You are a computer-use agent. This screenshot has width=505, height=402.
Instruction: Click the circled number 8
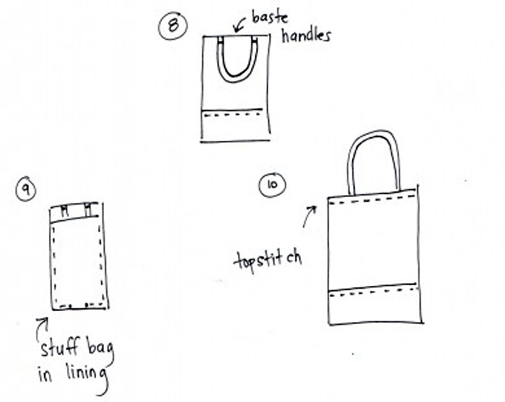(x=173, y=26)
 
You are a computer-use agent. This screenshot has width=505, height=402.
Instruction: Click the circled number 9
(x=26, y=190)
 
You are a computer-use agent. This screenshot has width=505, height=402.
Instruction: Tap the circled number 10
(x=272, y=185)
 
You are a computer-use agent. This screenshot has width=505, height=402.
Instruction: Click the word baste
(x=270, y=17)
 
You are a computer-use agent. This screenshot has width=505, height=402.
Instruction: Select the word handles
(x=307, y=35)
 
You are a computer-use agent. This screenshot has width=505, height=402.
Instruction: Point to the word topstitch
(x=268, y=261)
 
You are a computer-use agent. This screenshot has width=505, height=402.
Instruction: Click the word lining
(x=87, y=375)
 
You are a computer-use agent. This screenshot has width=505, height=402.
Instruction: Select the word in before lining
(x=45, y=375)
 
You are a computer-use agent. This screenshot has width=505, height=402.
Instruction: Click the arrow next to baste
(x=239, y=24)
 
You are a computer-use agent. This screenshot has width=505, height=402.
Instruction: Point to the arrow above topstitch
(x=309, y=216)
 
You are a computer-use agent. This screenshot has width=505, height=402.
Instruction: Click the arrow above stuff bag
(x=41, y=328)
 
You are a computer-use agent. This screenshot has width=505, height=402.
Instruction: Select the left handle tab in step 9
(x=65, y=211)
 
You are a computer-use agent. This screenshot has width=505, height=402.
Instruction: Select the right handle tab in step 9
(x=89, y=209)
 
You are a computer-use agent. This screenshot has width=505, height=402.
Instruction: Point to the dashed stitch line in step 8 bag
(x=234, y=114)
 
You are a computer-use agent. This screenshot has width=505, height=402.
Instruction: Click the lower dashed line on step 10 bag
(x=374, y=292)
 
